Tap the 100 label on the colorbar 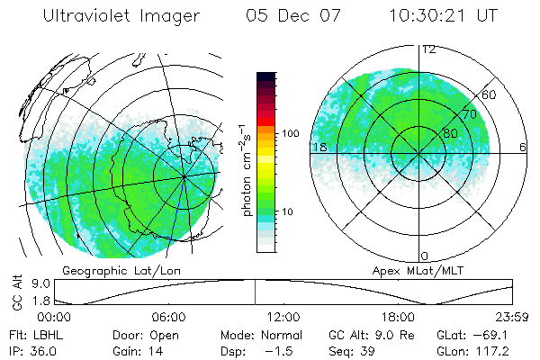click(290, 133)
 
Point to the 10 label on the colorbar click(288, 211)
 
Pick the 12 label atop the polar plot click(429, 49)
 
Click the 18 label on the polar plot click(319, 147)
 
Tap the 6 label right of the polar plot click(523, 147)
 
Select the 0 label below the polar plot click(425, 256)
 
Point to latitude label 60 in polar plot click(490, 94)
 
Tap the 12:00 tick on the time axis click(284, 318)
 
